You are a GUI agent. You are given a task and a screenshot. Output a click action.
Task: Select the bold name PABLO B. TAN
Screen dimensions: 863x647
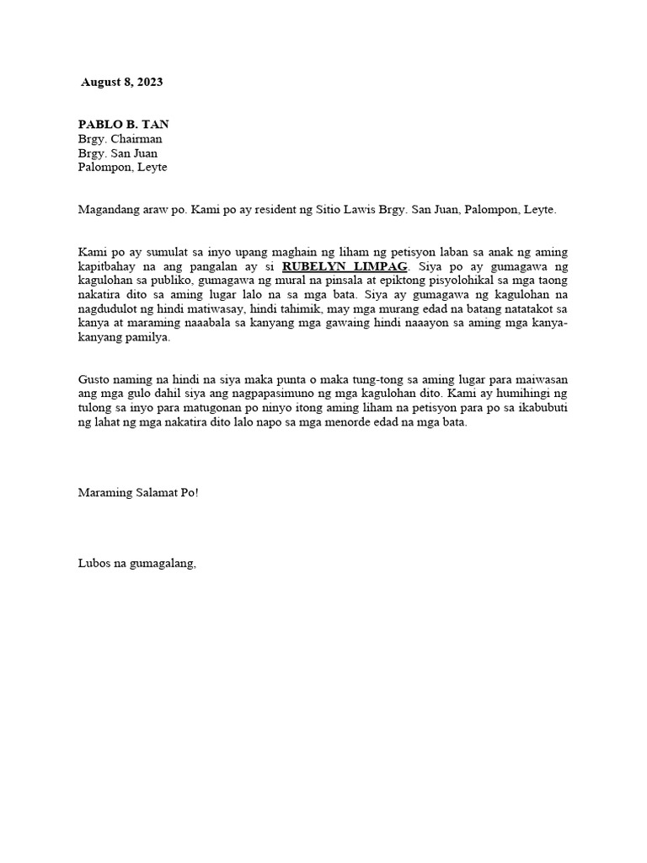[x=124, y=124]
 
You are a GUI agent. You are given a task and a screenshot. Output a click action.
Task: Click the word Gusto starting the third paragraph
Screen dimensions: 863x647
[x=94, y=380]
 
